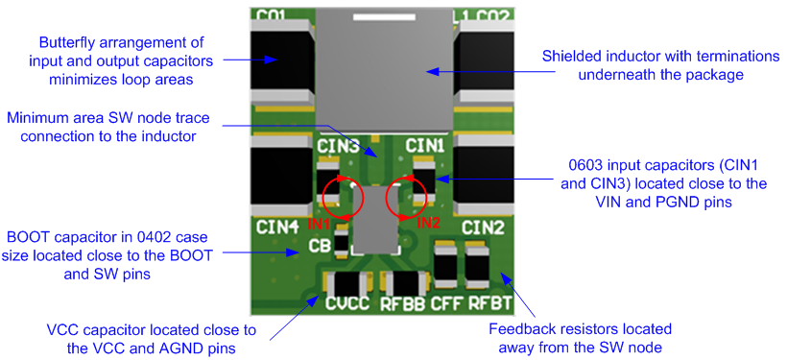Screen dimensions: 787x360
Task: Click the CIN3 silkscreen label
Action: (x=337, y=146)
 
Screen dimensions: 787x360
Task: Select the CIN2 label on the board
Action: (x=483, y=228)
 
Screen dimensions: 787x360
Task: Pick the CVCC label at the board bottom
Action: (x=347, y=305)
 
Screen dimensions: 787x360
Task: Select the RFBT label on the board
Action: (x=491, y=305)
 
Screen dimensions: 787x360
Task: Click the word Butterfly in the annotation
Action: (x=68, y=43)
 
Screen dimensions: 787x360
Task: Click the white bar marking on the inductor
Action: (x=384, y=17)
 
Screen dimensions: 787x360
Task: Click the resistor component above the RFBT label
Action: (x=477, y=261)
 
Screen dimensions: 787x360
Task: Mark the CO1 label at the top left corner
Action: (x=271, y=15)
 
